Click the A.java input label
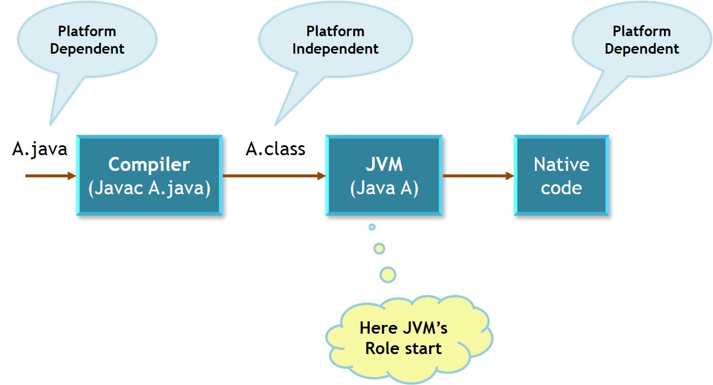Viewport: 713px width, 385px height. tap(40, 149)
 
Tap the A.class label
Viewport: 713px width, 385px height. tap(275, 149)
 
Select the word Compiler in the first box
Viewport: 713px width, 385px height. tap(149, 164)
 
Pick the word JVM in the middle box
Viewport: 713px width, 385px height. tap(384, 164)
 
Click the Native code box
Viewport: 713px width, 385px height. tap(561, 176)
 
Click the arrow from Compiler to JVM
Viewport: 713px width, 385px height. tap(273, 176)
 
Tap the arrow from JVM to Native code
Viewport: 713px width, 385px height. tap(478, 176)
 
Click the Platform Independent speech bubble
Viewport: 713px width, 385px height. tap(335, 40)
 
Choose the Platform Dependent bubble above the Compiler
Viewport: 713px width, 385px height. tap(88, 40)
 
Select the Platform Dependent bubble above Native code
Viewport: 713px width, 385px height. tap(641, 40)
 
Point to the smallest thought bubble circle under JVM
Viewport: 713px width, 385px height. tap(372, 227)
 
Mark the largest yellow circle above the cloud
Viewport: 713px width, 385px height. tap(388, 274)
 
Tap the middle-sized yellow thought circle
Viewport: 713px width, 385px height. tap(380, 249)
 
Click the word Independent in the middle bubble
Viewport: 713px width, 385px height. tap(335, 49)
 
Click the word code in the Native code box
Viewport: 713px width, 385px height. tap(561, 188)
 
